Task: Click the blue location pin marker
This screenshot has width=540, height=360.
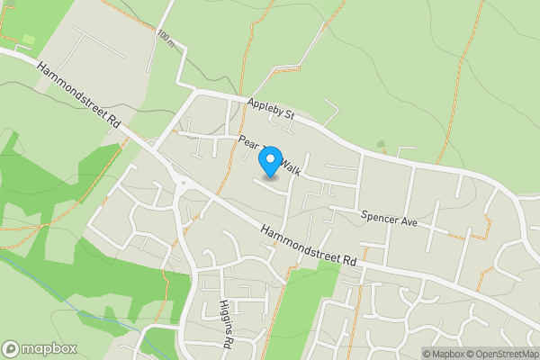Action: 269,162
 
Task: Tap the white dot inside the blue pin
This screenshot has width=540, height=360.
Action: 269,159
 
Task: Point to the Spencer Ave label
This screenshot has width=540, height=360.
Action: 390,218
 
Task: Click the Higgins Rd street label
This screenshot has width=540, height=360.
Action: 226,324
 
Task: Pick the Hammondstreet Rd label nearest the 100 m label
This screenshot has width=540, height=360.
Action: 79,94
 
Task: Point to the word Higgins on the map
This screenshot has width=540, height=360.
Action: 223,315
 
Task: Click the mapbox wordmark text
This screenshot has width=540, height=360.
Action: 49,349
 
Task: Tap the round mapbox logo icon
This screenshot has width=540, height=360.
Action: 11,349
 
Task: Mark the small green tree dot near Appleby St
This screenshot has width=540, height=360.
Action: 381,144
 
